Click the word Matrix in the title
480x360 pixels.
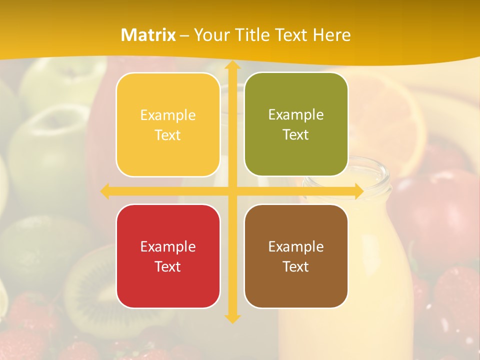[x=148, y=35]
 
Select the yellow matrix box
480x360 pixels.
[x=168, y=125]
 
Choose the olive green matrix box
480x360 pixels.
[x=296, y=124]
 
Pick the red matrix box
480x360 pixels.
[x=168, y=256]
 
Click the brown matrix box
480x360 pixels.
[x=296, y=256]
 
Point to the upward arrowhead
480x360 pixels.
[x=231, y=65]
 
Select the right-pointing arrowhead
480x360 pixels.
[x=358, y=191]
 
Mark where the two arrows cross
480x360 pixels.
[x=231, y=191]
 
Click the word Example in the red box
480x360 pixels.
[x=168, y=246]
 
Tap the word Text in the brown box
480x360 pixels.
[x=296, y=266]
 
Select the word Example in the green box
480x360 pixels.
[x=296, y=115]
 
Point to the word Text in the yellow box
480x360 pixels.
[x=168, y=135]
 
